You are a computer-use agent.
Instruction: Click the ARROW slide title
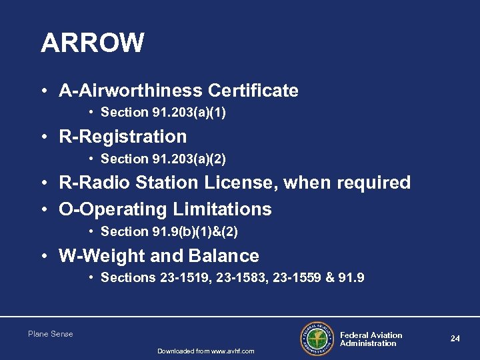pyautogui.click(x=92, y=43)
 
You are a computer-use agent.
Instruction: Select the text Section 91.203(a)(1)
pyautogui.click(x=163, y=113)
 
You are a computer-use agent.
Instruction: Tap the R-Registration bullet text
pyautogui.click(x=123, y=137)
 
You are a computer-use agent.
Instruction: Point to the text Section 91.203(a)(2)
pyautogui.click(x=163, y=159)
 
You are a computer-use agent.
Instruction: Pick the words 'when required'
pyautogui.click(x=359, y=183)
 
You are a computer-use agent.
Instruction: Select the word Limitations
pyautogui.click(x=222, y=209)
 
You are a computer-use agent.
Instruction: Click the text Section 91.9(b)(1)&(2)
pyautogui.click(x=169, y=232)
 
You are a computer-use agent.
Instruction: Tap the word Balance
pyautogui.click(x=224, y=256)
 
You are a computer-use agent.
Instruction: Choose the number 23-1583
pyautogui.click(x=241, y=278)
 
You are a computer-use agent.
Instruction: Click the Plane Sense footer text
pyautogui.click(x=51, y=334)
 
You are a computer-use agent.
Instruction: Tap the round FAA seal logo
pyautogui.click(x=317, y=339)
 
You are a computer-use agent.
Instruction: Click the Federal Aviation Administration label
pyautogui.click(x=371, y=339)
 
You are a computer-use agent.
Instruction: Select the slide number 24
pyautogui.click(x=455, y=339)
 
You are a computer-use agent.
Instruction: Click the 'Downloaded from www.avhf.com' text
pyautogui.click(x=205, y=351)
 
